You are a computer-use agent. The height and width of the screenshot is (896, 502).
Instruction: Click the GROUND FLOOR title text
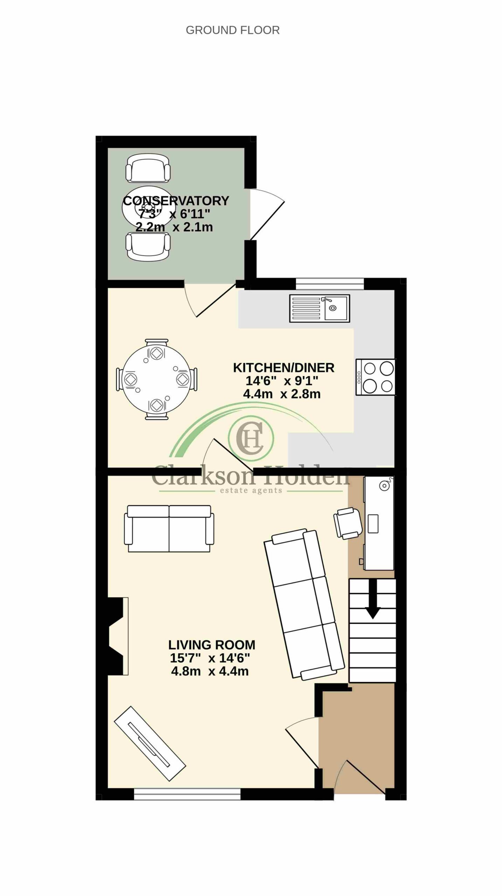(232, 30)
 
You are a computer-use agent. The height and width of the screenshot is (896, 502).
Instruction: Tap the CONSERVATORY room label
(176, 201)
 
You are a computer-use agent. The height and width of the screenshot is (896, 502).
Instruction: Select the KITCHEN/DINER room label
(284, 368)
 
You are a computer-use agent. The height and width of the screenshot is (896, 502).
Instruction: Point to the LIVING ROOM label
(212, 644)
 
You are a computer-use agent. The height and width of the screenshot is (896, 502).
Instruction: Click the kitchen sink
(320, 308)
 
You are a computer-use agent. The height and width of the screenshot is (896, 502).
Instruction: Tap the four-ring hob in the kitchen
(376, 377)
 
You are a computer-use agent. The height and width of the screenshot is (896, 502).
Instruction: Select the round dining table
(156, 379)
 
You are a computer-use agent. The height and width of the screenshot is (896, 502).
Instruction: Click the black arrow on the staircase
(372, 599)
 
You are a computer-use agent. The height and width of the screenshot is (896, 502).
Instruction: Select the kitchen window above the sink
(330, 283)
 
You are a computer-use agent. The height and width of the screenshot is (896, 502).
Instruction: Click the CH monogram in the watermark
(251, 438)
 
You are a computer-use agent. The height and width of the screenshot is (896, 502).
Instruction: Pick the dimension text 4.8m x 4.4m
(210, 671)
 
